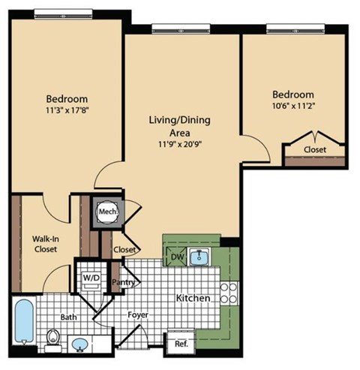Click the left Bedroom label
[67, 99]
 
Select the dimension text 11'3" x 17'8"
[67, 111]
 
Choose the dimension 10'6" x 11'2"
[292, 107]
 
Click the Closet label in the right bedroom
[314, 149]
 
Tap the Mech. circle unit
[103, 212]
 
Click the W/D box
[91, 276]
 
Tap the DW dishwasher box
[178, 257]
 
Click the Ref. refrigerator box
[180, 344]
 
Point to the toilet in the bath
[52, 339]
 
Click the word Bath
[67, 317]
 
